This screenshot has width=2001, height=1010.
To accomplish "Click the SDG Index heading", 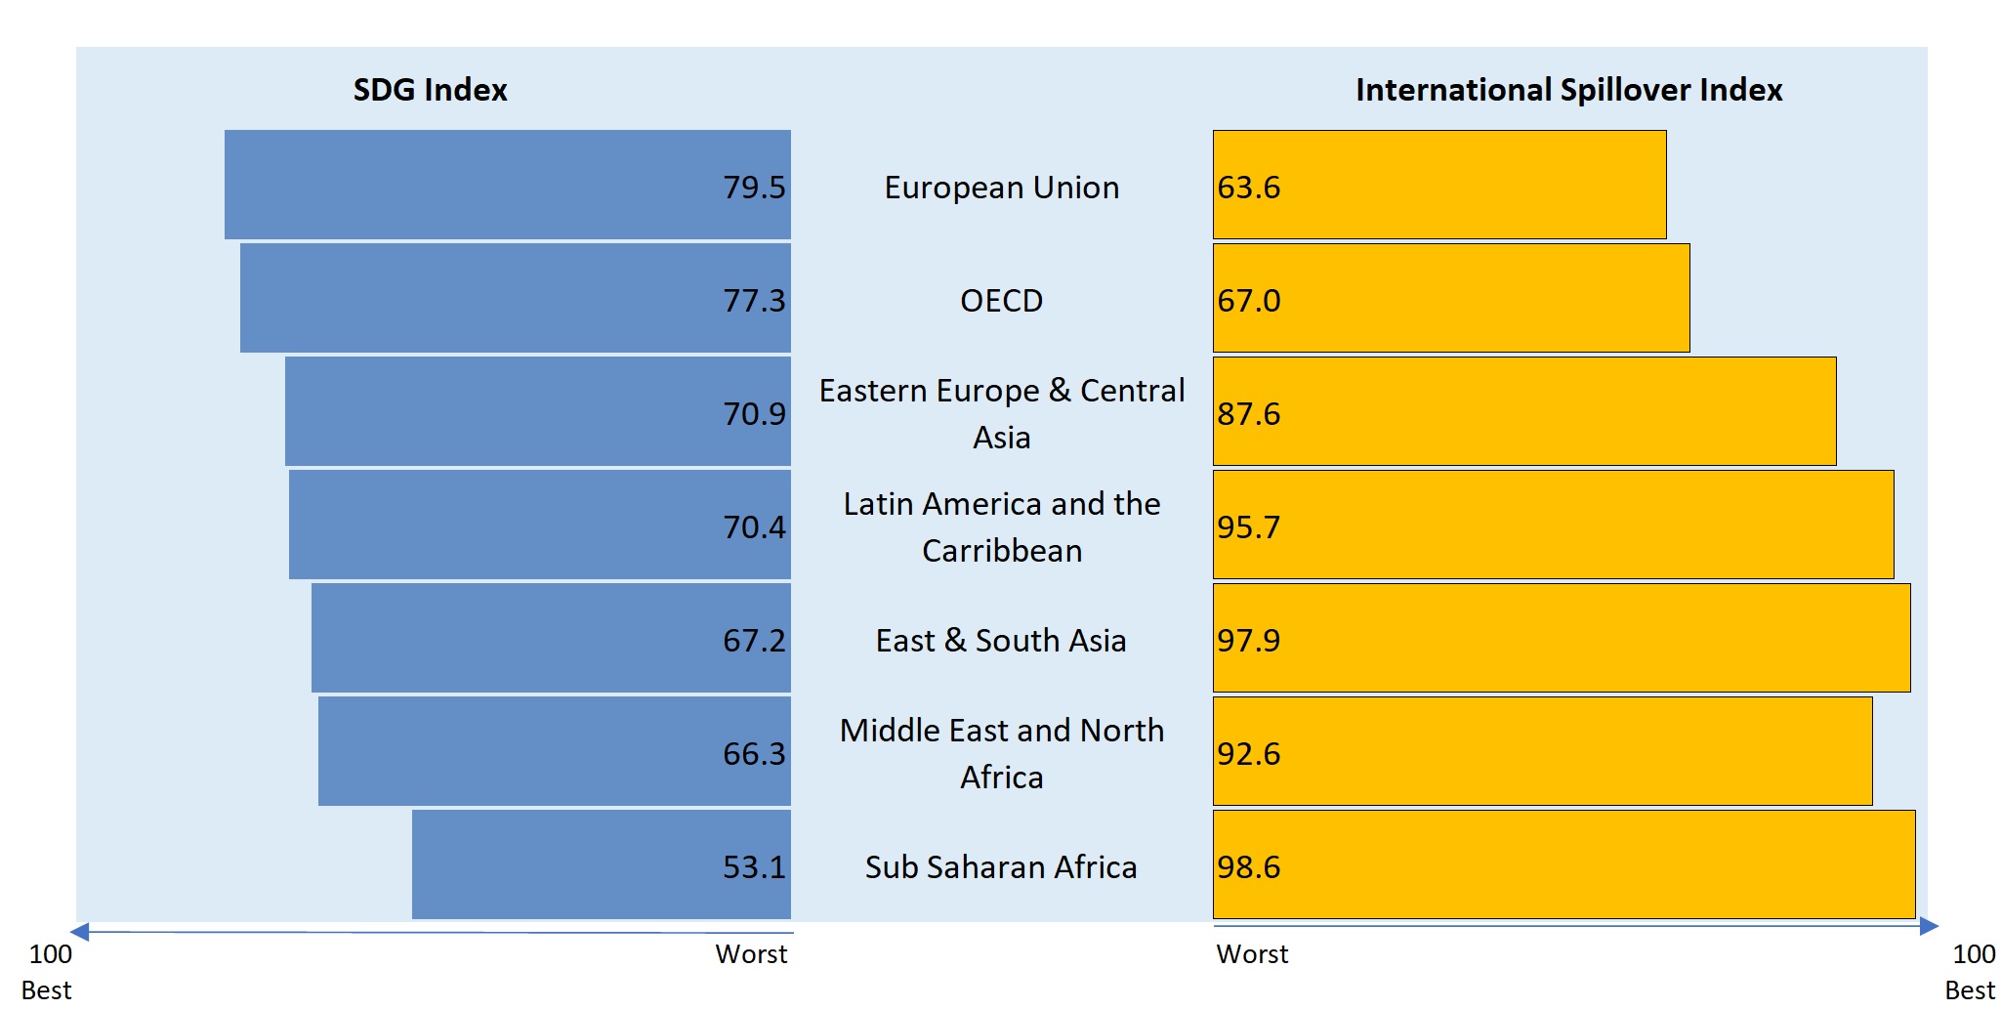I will coord(430,90).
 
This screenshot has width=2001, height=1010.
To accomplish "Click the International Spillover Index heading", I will coord(1568,90).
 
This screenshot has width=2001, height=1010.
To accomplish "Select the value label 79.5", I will coord(754,187).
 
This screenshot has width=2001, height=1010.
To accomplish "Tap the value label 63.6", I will coord(1248,187).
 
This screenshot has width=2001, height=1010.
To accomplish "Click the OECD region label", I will coord(1001,300).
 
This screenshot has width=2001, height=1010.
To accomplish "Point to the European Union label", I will coord(1001,187).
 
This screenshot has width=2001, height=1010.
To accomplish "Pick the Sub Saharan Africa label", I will coord(1001,866).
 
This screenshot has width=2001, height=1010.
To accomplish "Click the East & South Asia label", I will coord(1001,640).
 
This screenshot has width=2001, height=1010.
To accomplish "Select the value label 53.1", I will coord(754,866).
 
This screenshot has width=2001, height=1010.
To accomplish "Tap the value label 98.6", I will coord(1248,866).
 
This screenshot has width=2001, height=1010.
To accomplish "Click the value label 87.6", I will coord(1248,413).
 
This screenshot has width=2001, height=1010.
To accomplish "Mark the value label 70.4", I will coord(754,526).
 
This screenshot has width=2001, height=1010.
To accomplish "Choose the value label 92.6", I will coord(1248,753).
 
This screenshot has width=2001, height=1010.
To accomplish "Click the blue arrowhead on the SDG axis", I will coord(80,931).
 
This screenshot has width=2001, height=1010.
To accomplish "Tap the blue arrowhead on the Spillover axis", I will coord(1929,925).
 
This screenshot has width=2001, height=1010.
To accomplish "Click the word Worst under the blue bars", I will coord(751,954).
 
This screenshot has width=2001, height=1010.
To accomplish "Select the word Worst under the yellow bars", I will coord(1252,954).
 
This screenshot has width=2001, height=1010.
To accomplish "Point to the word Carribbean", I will coord(1002,551).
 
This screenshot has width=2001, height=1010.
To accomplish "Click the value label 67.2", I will coord(754,640).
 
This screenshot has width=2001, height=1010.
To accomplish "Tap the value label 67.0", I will coord(1248,300).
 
